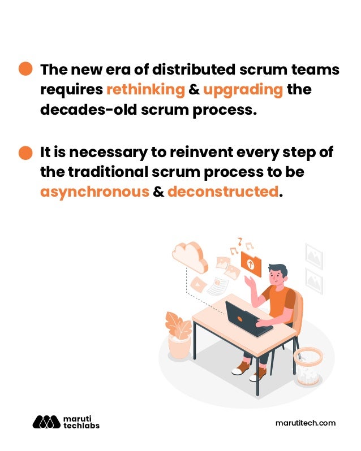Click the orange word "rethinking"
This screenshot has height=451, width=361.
(x=145, y=90)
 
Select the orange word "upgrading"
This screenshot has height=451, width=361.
(x=243, y=90)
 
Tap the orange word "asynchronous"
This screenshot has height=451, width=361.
(x=94, y=192)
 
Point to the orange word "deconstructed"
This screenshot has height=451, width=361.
(x=223, y=192)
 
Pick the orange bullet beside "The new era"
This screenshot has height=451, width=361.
(x=26, y=69)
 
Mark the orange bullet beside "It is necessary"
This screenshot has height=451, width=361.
(x=26, y=153)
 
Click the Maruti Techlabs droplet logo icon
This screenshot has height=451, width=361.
(x=46, y=422)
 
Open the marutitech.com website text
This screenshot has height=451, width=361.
(x=305, y=423)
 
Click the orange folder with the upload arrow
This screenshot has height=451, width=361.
(x=251, y=263)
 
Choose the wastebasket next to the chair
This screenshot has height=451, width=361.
(x=307, y=365)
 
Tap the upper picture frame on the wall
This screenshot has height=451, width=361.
(x=313, y=255)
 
